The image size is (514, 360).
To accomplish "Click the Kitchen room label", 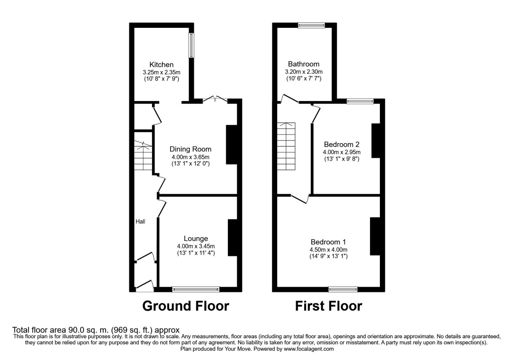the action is pos(161,65).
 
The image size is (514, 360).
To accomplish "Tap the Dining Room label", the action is pos(190,149).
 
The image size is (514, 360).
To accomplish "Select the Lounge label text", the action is pos(196,239).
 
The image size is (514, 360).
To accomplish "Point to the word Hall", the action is pos(140,222).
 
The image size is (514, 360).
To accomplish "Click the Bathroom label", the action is pos(304,64).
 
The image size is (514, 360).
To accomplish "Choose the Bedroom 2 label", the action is pos(341,144).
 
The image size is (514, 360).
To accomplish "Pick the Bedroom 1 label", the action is pos(328,242).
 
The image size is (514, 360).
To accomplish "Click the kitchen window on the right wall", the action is pos(191,45).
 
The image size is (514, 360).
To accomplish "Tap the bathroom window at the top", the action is pos(311,25).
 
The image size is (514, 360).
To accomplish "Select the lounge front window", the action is pos(196,289).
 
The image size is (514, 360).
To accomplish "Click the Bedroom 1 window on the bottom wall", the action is pos(343,289).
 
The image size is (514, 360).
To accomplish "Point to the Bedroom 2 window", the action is pos(360,101).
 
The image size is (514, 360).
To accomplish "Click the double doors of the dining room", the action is pos(215,99).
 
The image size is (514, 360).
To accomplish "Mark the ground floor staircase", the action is pos(143,156).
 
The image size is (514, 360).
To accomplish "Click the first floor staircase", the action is pos(286,146).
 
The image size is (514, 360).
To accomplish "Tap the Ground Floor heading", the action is pos(185,306).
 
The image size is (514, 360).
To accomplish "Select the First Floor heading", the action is pos(329,306).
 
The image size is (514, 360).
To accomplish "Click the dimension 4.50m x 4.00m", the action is pos(329,249).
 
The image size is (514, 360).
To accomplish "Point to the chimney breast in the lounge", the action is pos(233,237).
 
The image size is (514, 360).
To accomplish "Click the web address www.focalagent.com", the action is pos(309,349).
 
